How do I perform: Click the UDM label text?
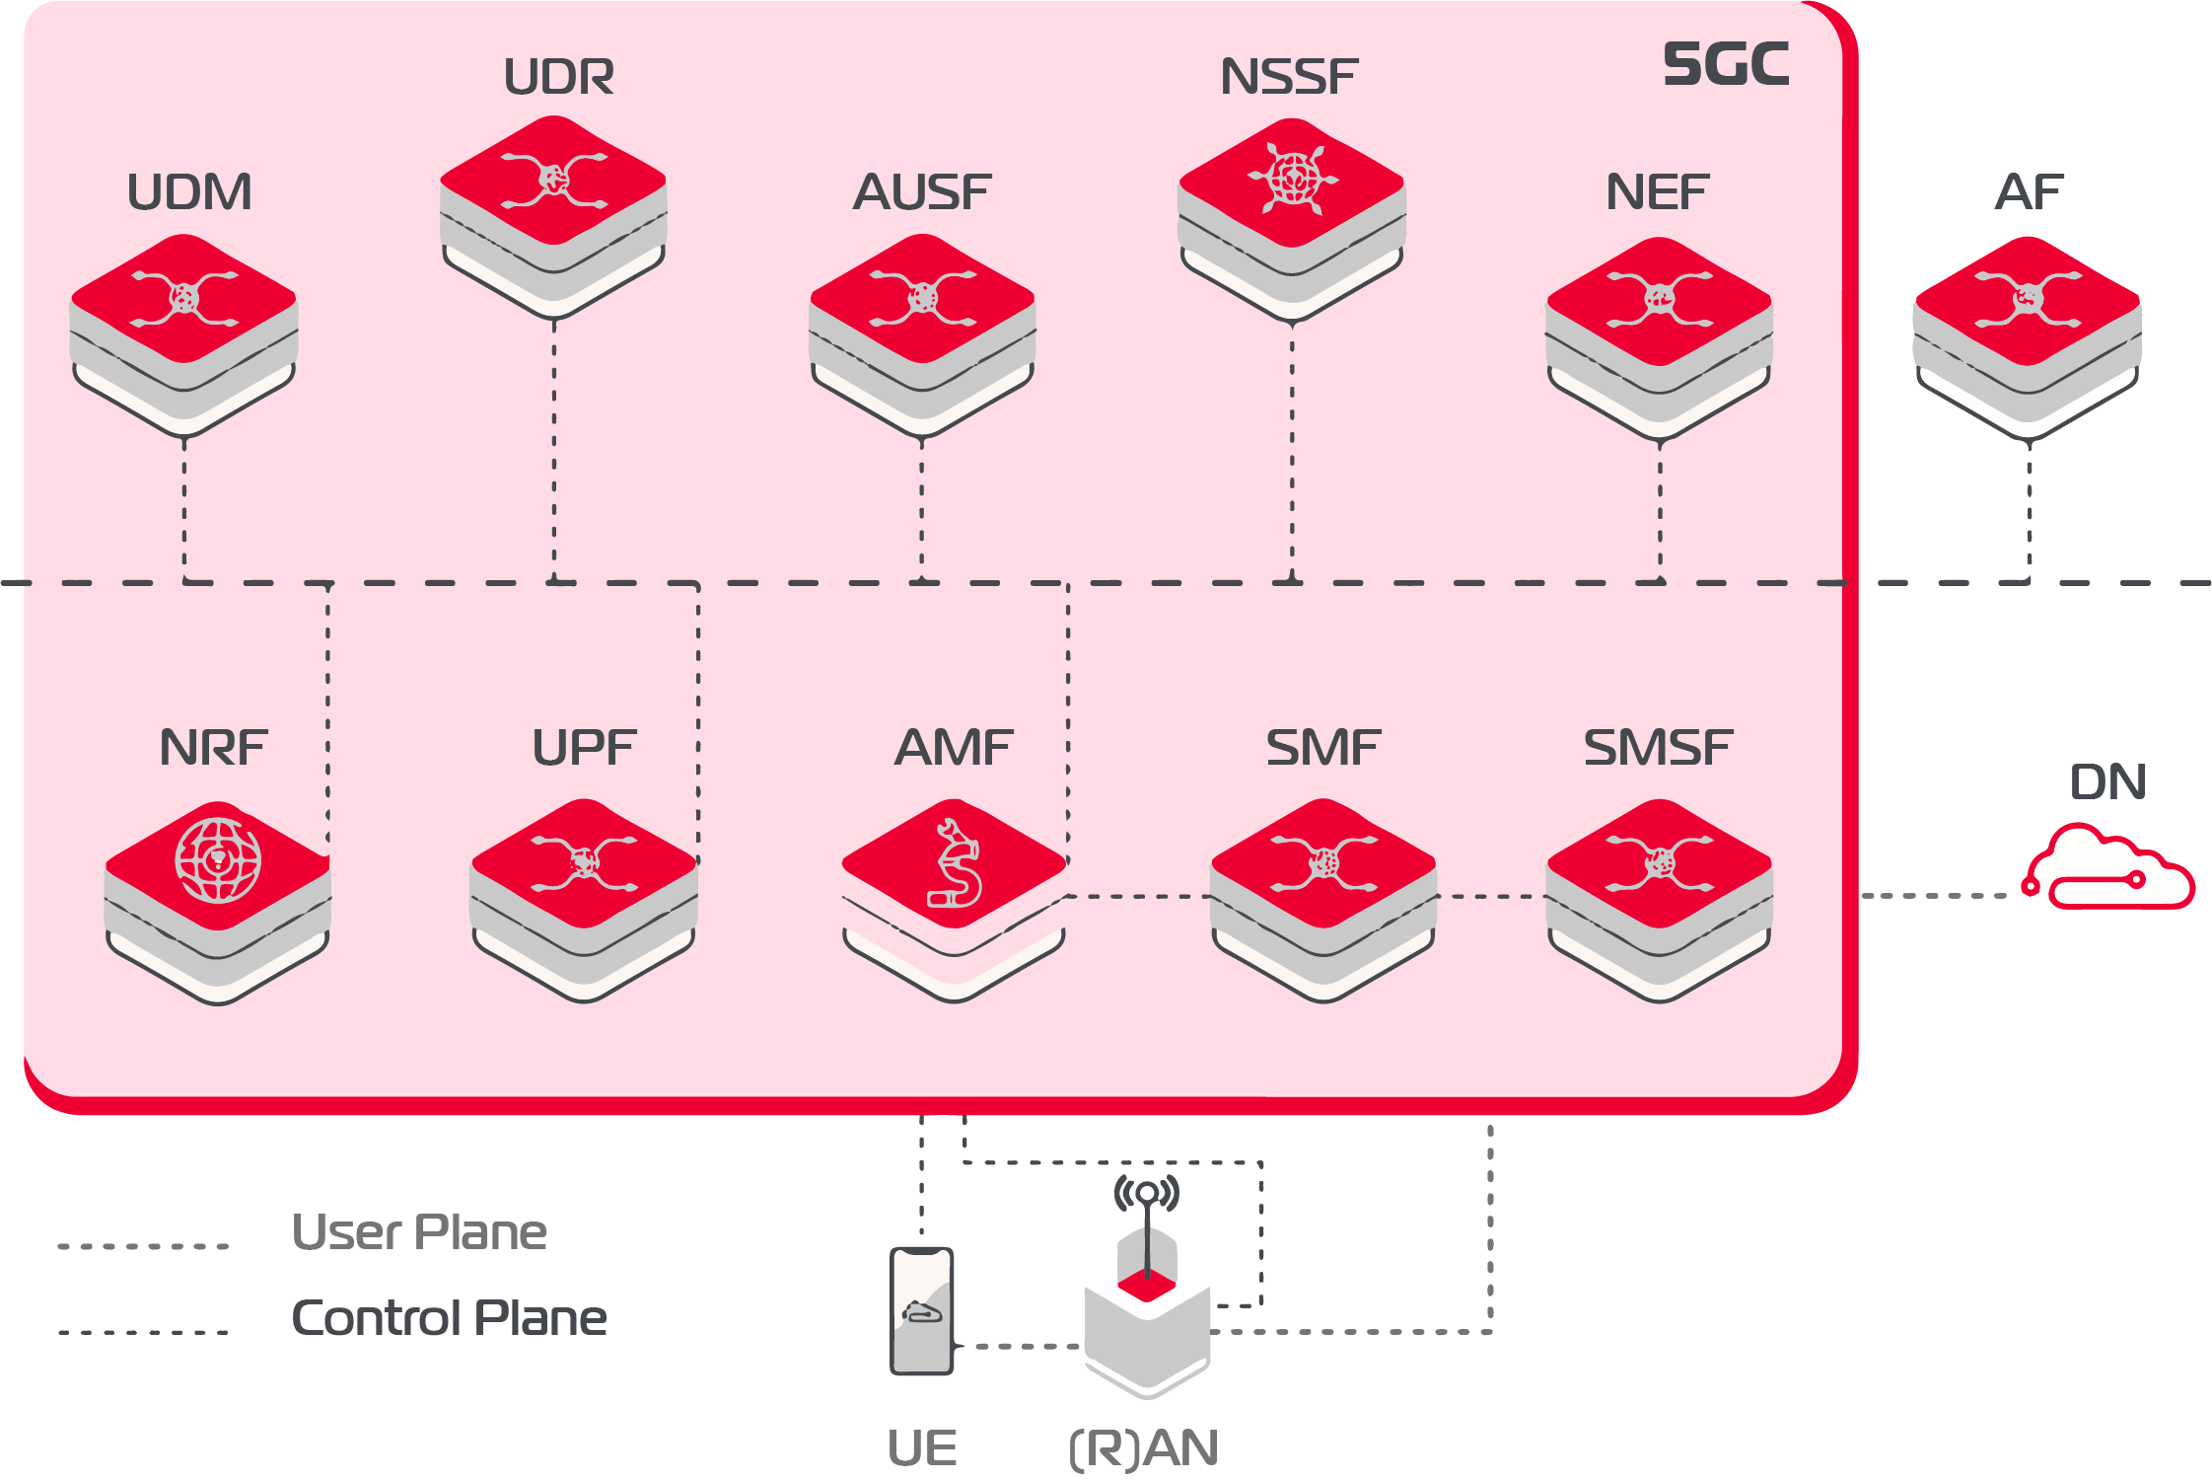click(x=189, y=192)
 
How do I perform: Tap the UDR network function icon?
click(x=553, y=212)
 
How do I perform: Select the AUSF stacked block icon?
click(x=922, y=331)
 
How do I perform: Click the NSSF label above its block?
click(x=1289, y=77)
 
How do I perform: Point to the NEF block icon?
click(x=1660, y=333)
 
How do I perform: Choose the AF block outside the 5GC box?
click(x=2028, y=333)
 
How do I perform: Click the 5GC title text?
click(x=1726, y=65)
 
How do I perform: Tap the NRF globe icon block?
click(x=218, y=898)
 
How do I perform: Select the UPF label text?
click(x=585, y=748)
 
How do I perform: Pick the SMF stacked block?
click(x=1323, y=896)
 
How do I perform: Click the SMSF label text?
click(x=1658, y=748)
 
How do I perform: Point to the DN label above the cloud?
click(x=2107, y=782)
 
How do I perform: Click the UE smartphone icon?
click(x=922, y=1310)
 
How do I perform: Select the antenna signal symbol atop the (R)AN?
click(x=1146, y=1193)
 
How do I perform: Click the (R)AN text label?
click(x=1144, y=1448)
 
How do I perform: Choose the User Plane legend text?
click(x=419, y=1232)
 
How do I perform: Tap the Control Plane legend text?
click(x=450, y=1318)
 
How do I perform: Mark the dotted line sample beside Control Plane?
click(x=144, y=1332)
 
